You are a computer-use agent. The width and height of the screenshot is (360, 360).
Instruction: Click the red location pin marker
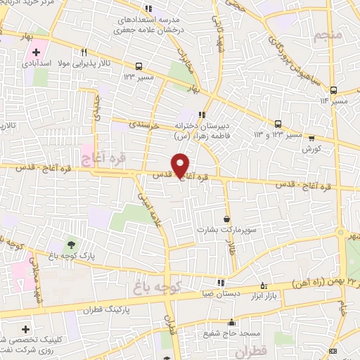(x=181, y=165)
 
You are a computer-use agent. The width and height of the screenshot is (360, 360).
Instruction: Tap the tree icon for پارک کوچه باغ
(x=71, y=245)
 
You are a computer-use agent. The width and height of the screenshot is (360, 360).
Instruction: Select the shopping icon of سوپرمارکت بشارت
(x=226, y=219)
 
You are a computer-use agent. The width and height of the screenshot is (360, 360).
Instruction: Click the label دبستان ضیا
(x=220, y=294)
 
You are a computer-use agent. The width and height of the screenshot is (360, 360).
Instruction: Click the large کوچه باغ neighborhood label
(x=157, y=286)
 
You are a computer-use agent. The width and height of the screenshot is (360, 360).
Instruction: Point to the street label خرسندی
(x=147, y=124)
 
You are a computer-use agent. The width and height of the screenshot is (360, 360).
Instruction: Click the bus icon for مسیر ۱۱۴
(x=333, y=90)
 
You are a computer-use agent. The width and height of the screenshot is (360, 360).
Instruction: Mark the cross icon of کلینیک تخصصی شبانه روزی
(x=26, y=329)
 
